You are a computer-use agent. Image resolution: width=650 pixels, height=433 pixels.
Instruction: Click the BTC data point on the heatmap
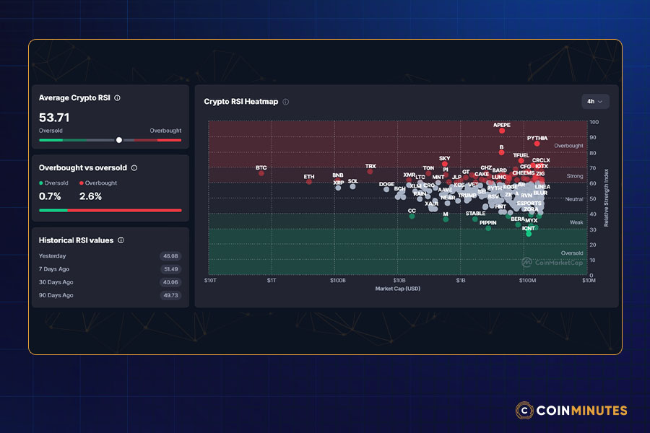pos(261,173)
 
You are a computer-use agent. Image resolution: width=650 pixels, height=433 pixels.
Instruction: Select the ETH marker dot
pos(309,182)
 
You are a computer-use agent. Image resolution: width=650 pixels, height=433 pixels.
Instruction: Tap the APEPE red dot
pos(502,131)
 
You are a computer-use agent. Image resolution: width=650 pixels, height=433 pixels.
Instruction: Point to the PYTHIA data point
pos(537,144)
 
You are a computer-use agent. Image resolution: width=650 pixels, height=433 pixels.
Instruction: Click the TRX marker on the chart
pos(370,172)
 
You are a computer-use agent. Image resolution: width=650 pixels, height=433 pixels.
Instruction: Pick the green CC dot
pos(412,216)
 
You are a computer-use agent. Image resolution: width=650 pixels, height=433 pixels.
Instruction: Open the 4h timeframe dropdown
pos(595,101)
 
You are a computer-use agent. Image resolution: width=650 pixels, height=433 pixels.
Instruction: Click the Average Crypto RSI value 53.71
pos(54,117)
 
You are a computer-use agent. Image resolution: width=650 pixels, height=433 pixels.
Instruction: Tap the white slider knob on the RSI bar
pos(119,140)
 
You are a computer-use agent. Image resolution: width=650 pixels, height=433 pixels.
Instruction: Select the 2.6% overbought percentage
pos(90,196)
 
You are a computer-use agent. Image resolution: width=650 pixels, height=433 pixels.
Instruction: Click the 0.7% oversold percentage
pos(50,196)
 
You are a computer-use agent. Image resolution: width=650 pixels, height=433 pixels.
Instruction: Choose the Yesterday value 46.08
pos(171,256)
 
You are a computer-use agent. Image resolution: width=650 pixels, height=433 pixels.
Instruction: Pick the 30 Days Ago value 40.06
pos(171,282)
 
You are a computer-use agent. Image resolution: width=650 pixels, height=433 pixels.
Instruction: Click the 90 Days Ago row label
pos(56,295)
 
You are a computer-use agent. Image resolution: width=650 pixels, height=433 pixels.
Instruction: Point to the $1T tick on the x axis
pos(272,281)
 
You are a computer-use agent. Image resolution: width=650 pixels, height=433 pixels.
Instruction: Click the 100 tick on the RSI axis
pos(594,121)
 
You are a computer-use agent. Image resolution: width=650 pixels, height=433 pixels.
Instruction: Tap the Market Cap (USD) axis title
pos(397,289)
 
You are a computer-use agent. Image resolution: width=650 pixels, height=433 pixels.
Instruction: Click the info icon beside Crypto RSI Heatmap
pos(286,102)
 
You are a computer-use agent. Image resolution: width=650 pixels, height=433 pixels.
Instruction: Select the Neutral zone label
pos(574,198)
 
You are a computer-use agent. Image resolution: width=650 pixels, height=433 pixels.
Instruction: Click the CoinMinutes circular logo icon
pos(525,410)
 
